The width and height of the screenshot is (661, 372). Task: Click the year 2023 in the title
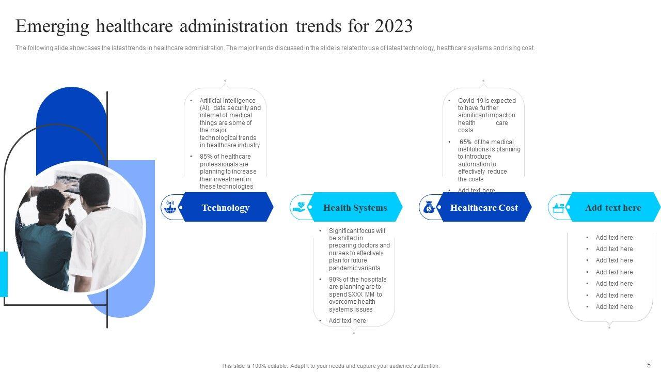click(394, 26)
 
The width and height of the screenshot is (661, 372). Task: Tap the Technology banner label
click(226, 208)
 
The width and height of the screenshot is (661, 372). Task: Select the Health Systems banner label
click(355, 208)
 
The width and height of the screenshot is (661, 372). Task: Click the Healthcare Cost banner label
click(484, 208)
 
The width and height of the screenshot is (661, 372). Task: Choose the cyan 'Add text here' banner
click(613, 207)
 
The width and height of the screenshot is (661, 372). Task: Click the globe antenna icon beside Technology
click(170, 207)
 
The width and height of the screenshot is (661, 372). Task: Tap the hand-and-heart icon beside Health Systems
click(300, 207)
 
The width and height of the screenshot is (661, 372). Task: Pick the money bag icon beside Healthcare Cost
click(429, 207)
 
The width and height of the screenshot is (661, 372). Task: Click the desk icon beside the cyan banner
click(558, 208)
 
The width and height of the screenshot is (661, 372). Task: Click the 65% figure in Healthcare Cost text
click(465, 142)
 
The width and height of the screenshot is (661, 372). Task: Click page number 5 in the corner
click(649, 365)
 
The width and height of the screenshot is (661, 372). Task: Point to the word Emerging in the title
click(52, 26)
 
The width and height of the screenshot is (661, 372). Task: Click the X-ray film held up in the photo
click(68, 182)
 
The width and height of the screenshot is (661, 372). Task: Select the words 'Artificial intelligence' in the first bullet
click(228, 101)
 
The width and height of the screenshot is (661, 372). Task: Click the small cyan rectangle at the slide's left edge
click(4, 274)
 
